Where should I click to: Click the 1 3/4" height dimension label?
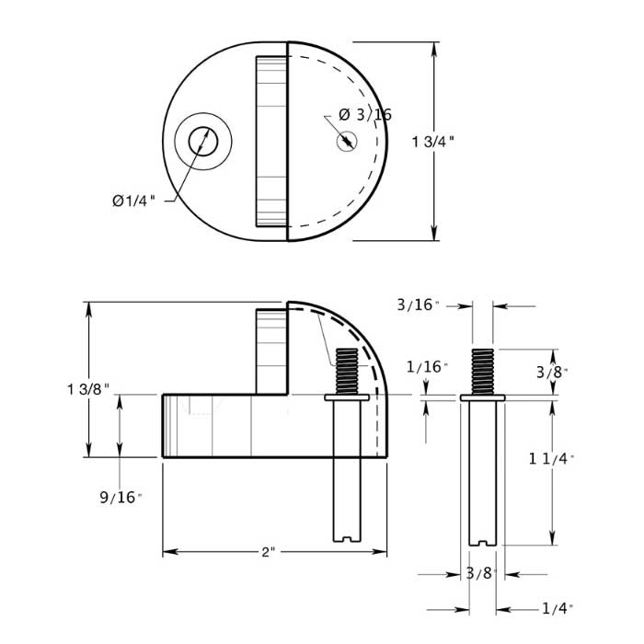tap(433, 142)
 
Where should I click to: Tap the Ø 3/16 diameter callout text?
tap(365, 115)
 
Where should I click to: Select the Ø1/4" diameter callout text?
tap(133, 200)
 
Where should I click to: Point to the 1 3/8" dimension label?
tap(88, 389)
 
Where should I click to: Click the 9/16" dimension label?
tap(121, 498)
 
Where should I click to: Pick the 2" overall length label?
tap(268, 552)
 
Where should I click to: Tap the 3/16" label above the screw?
tap(419, 305)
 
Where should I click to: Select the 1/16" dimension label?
tap(427, 367)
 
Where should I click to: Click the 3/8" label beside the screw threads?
tap(551, 372)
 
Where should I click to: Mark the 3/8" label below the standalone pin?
tap(481, 573)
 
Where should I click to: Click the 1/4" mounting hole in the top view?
tap(200, 142)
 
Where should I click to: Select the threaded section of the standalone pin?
tap(482, 371)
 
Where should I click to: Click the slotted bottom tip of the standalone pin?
tap(482, 537)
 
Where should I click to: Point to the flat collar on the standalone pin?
tap(482, 397)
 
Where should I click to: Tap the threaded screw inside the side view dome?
tap(347, 371)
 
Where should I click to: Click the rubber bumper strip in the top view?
tap(270, 142)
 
